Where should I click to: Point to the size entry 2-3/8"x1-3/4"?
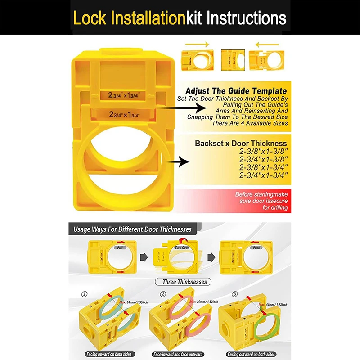(263, 167)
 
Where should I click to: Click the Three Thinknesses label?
(181, 282)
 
